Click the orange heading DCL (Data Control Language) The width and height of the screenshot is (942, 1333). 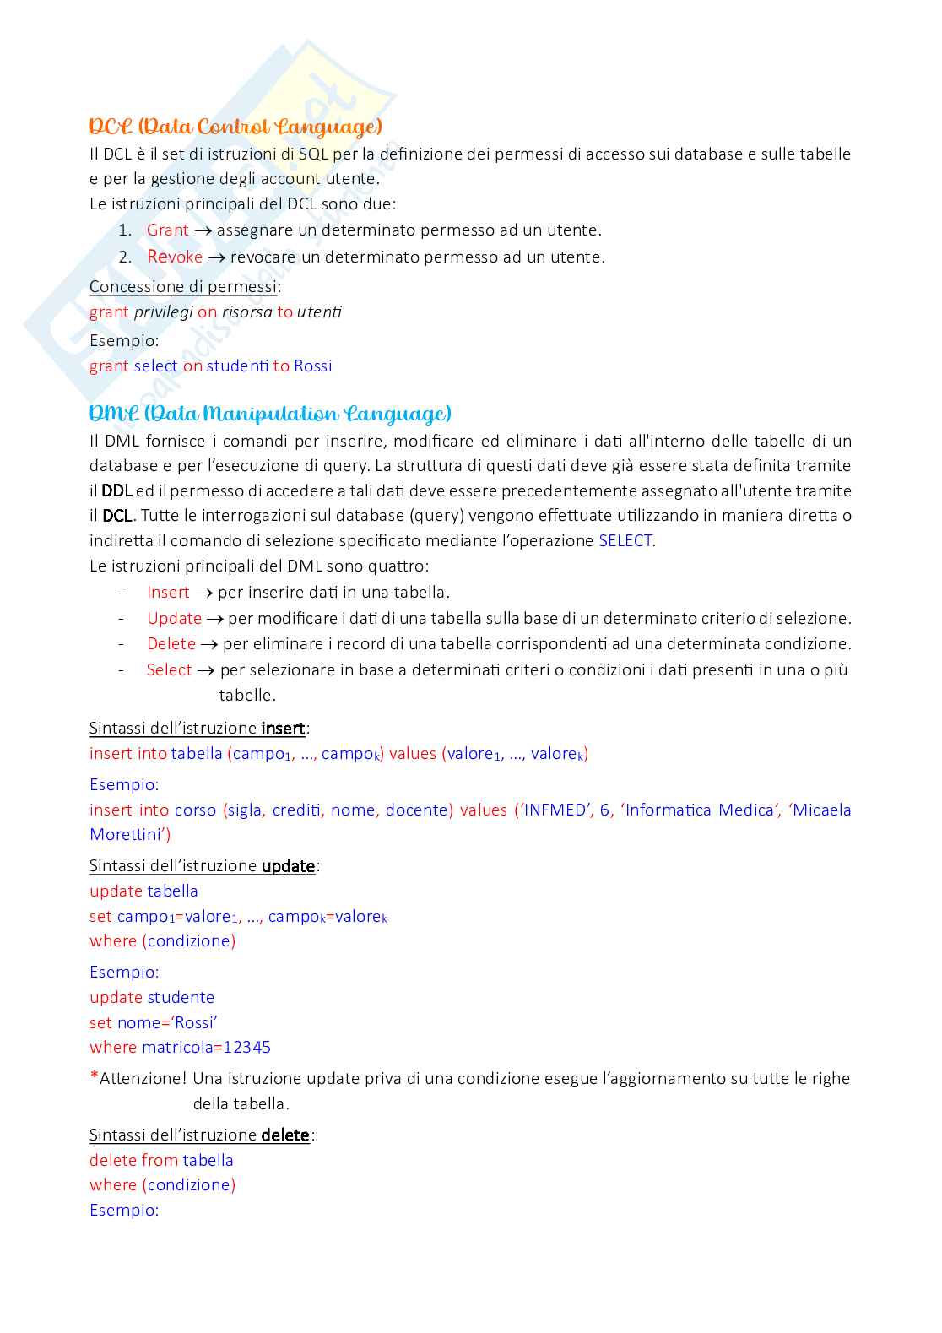coord(235,127)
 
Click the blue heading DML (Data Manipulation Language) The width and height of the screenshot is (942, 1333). coord(270,414)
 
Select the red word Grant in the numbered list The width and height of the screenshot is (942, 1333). coord(167,230)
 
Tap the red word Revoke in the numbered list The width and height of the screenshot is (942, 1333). coord(175,257)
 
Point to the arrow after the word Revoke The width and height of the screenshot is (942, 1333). coord(216,257)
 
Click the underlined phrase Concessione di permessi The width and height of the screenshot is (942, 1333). coord(183,286)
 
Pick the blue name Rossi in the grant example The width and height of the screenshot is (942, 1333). coord(312,366)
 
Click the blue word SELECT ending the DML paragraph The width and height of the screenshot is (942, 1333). coord(625,540)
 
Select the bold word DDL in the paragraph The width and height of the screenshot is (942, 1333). coord(116,490)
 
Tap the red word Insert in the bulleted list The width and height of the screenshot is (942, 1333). coord(167,592)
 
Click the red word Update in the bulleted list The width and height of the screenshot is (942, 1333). coord(174,618)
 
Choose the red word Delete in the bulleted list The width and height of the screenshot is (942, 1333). coord(171,643)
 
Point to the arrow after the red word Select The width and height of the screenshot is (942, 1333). coord(206,670)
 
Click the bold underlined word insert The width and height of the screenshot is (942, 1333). coord(283,728)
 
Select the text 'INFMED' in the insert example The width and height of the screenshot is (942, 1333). coord(555,810)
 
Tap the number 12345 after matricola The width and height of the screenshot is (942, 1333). coord(246,1047)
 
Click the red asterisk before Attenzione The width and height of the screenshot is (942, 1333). coord(94,1076)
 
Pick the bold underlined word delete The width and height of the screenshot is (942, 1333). coord(285,1135)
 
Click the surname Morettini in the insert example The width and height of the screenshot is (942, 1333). coord(128,834)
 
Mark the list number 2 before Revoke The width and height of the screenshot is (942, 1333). coord(124,257)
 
